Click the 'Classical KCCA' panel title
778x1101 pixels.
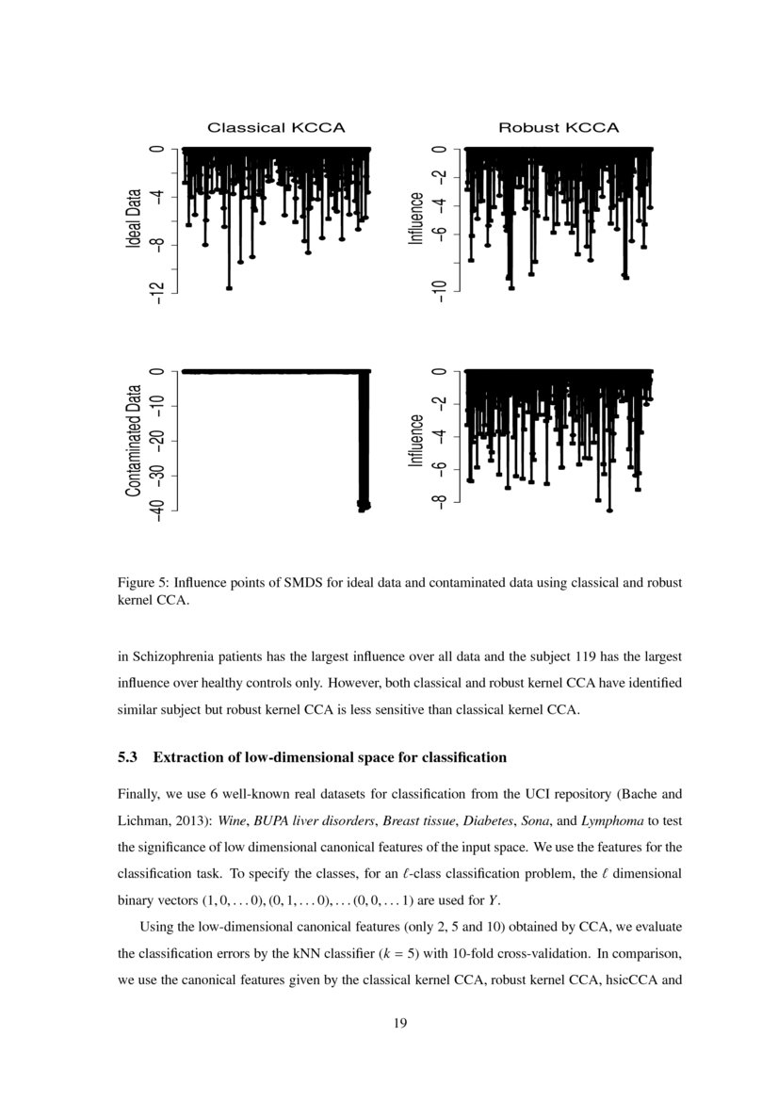(x=276, y=127)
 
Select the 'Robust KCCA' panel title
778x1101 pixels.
(x=559, y=127)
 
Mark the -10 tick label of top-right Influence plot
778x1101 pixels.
(x=438, y=292)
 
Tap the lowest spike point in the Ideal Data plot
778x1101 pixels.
(x=229, y=288)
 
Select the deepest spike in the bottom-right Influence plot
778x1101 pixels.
(x=609, y=510)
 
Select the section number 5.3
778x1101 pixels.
(x=128, y=757)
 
